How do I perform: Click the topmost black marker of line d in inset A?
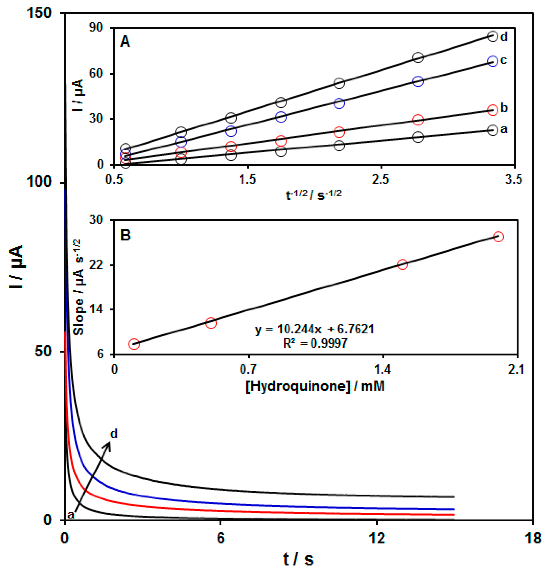tap(492, 36)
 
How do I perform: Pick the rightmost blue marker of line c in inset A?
tap(492, 61)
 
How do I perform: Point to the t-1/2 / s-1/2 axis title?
tap(314, 195)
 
